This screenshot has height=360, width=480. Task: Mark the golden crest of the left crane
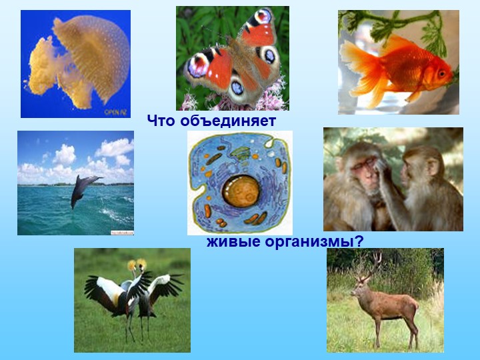pyautogui.click(x=131, y=265)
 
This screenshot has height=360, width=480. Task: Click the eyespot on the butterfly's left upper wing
pyautogui.click(x=199, y=65)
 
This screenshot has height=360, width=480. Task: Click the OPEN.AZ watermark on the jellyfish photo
pyautogui.click(x=115, y=112)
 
